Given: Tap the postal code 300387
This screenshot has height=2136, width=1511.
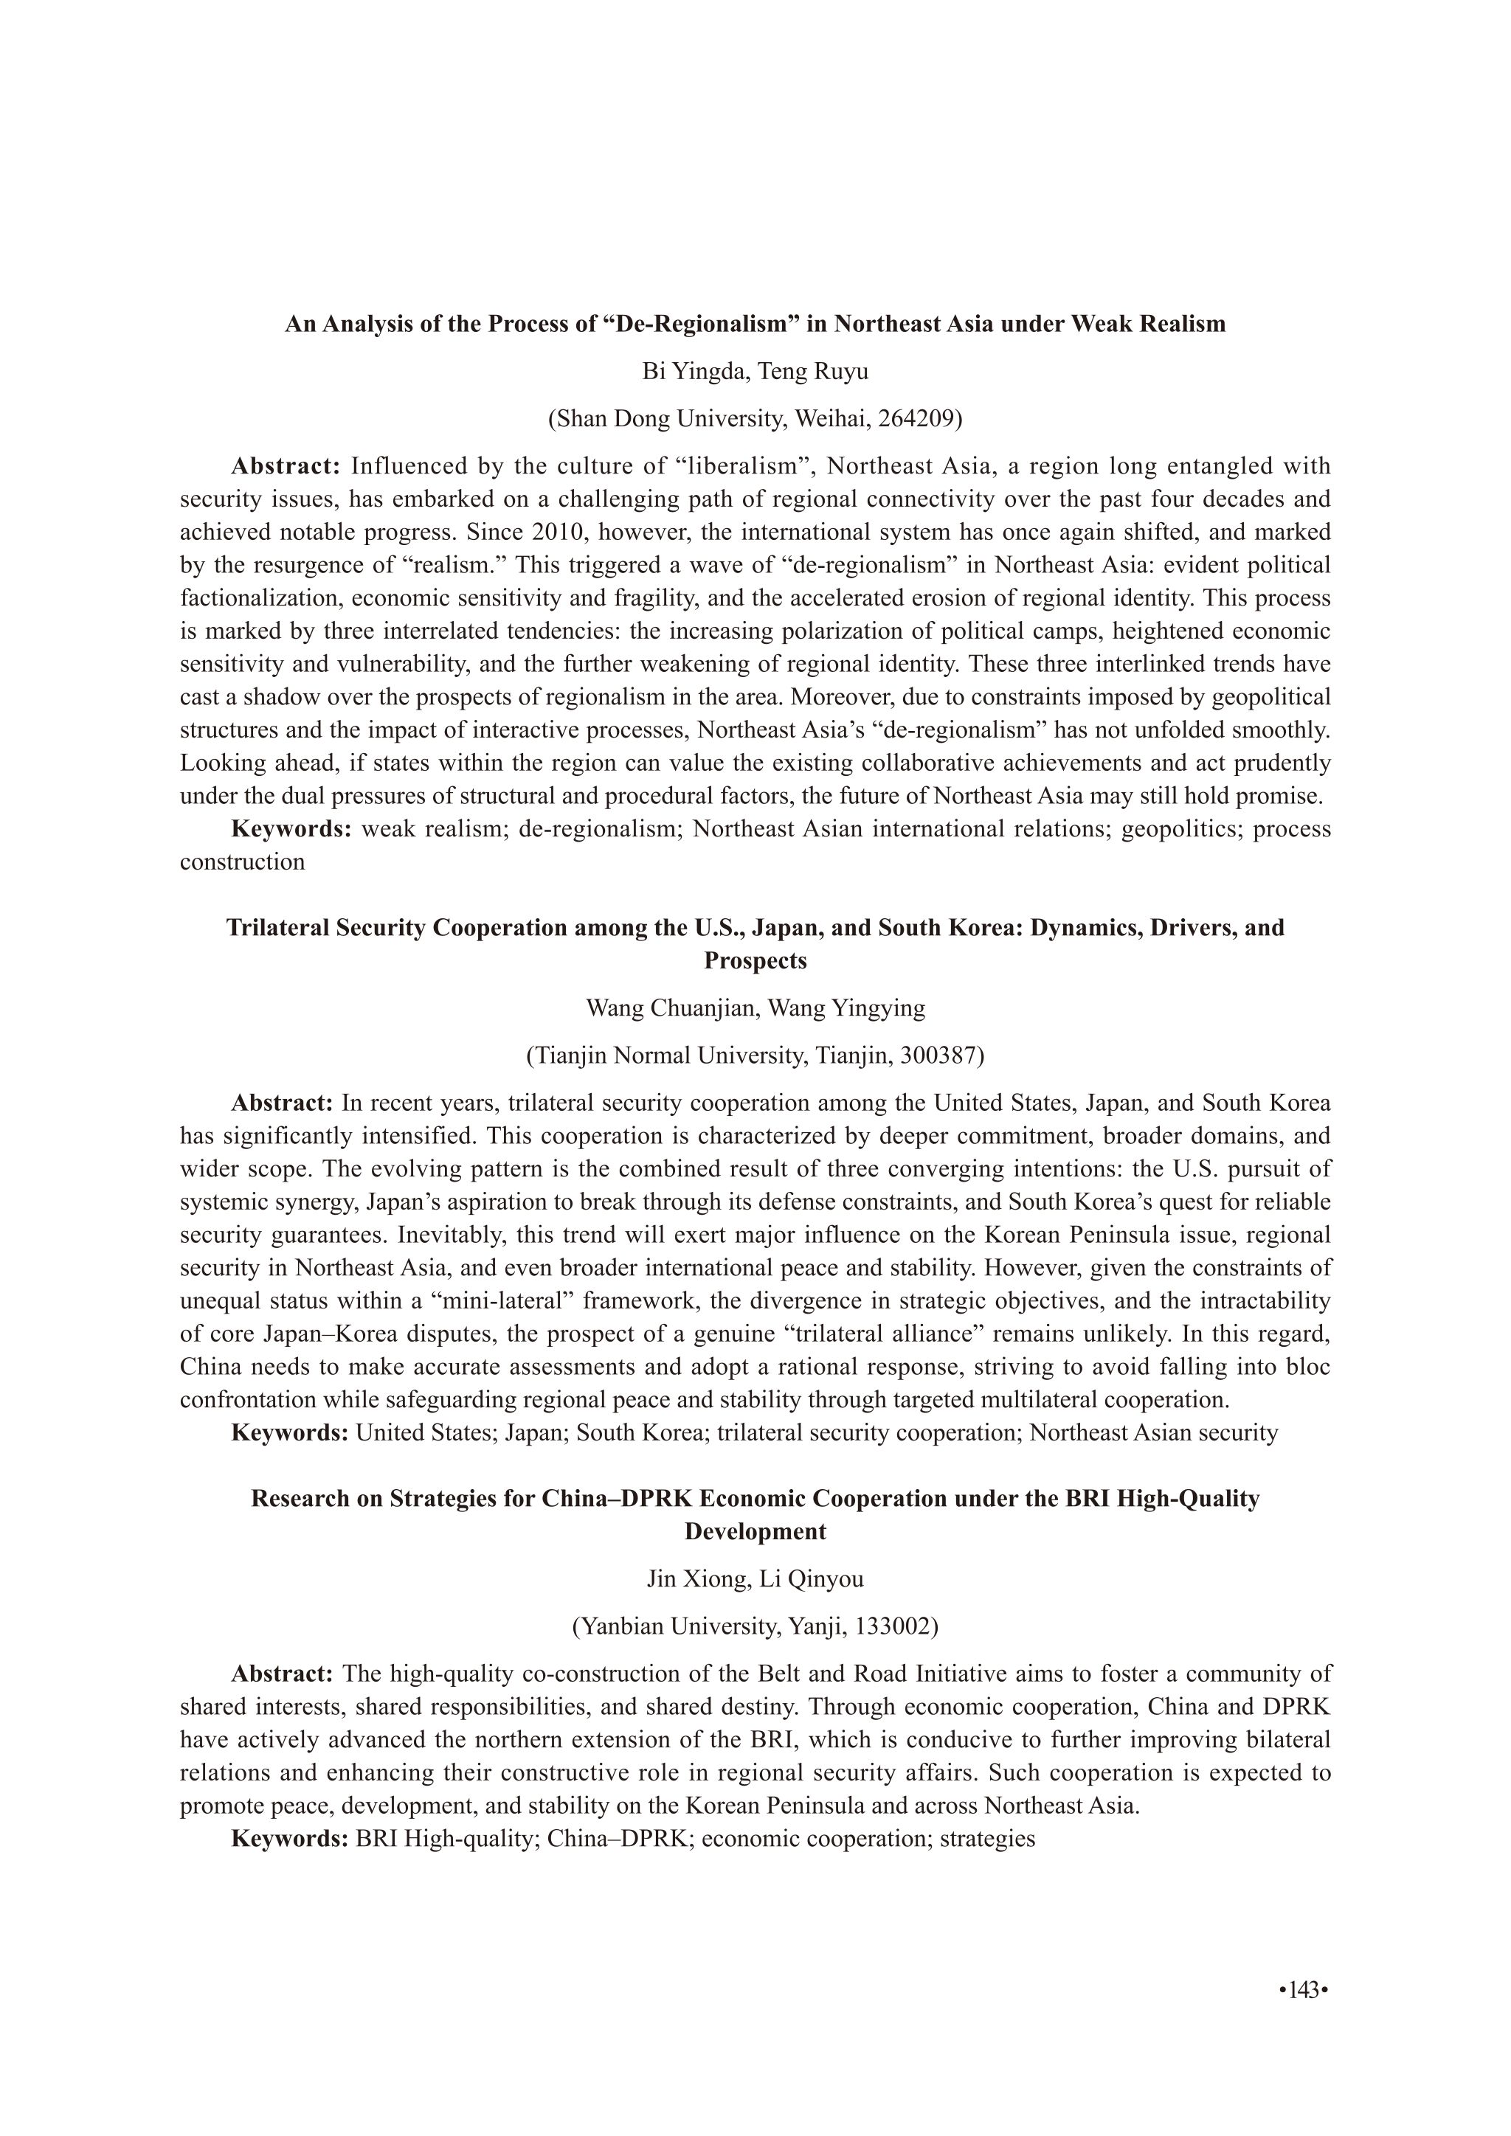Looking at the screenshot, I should point(938,1056).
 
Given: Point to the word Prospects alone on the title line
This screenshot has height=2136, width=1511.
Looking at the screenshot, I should point(755,960).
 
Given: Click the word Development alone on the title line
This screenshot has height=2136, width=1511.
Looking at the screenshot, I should point(755,1531).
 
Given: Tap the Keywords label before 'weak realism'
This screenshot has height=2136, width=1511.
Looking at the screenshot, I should point(290,829).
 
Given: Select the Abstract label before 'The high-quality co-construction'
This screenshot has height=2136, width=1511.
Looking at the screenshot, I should point(282,1674).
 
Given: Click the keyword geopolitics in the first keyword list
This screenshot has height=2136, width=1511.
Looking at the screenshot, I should point(1180,829).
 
